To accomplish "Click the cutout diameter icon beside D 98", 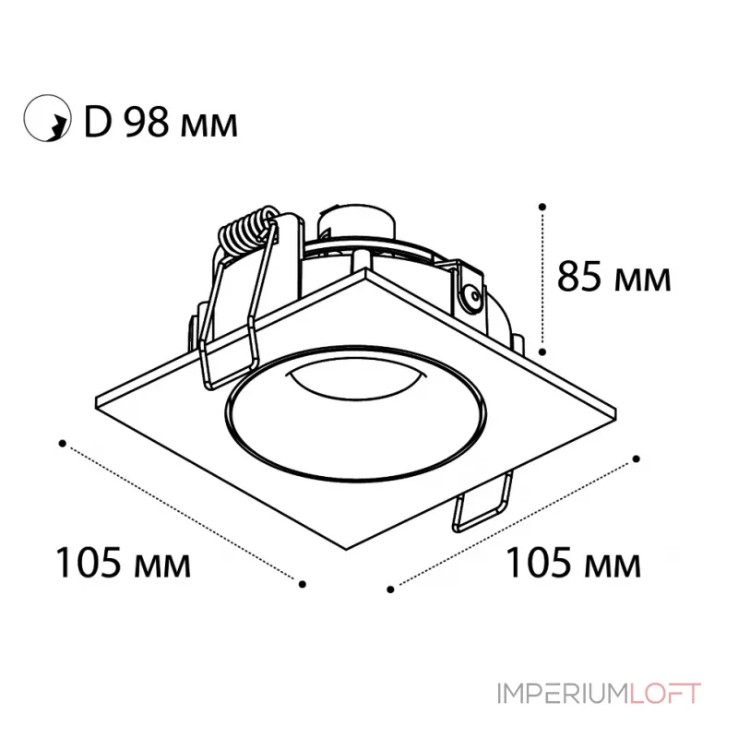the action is (47, 118).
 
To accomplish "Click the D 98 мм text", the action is (161, 124).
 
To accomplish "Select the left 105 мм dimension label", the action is (124, 563).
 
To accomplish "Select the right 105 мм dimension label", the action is (573, 563).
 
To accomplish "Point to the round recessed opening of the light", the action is (356, 414).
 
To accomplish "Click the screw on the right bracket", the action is (472, 296).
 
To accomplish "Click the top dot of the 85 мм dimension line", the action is (542, 207).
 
